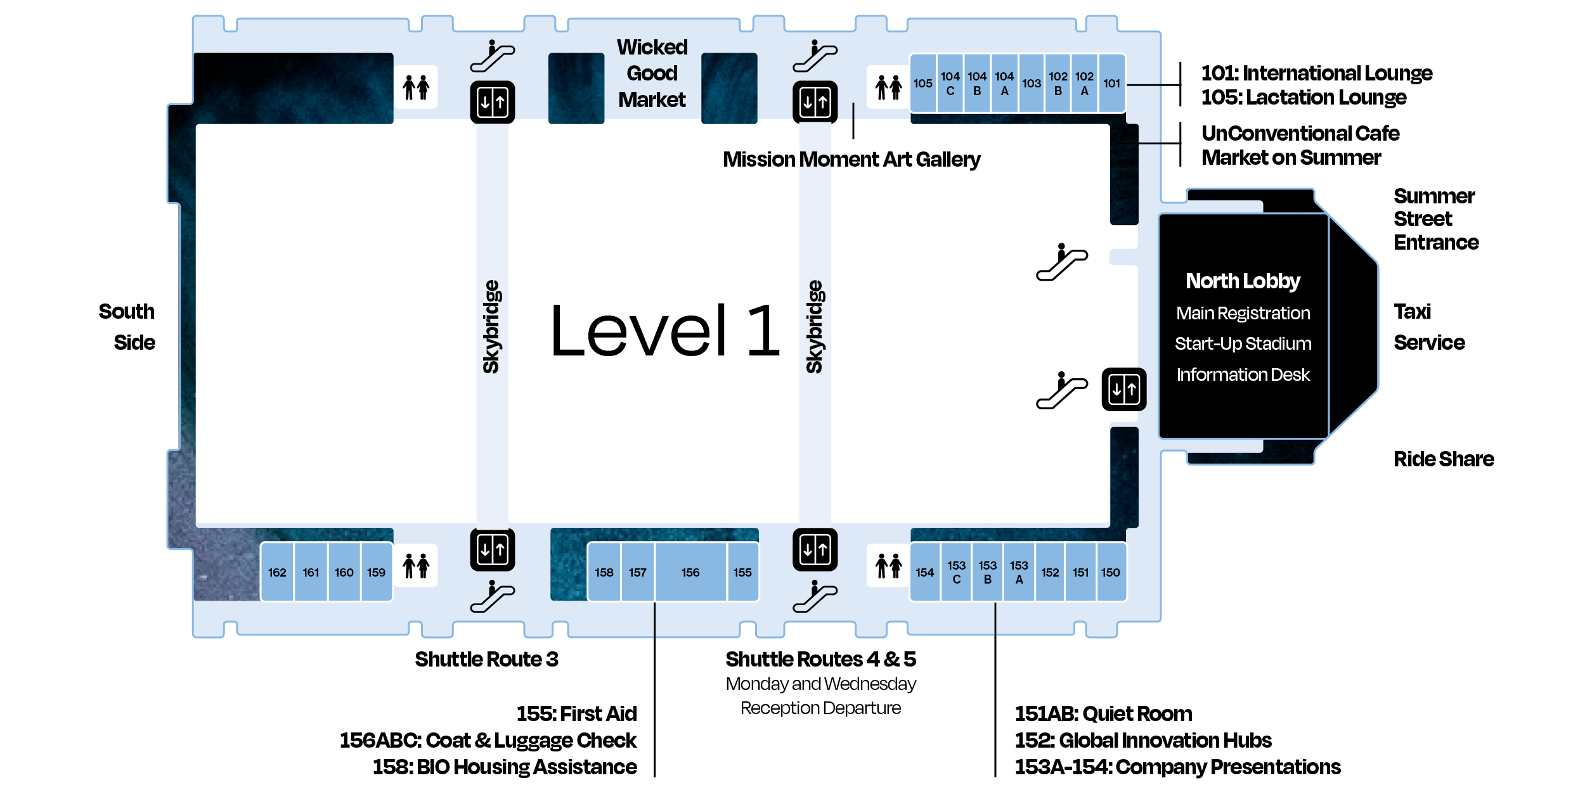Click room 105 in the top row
922,84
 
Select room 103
1032,84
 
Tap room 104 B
977,84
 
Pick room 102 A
1084,84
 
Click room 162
277,572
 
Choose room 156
690,572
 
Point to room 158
604,572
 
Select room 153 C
956,572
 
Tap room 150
1110,572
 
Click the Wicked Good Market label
652,73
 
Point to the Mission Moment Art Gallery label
851,159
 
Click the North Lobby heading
1243,281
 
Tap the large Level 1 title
665,330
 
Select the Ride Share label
1443,459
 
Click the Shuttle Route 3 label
486,659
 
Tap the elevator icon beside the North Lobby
1123,389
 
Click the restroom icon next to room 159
416,565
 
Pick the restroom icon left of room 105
888,87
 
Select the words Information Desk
1243,374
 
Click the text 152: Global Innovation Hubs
1142,740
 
